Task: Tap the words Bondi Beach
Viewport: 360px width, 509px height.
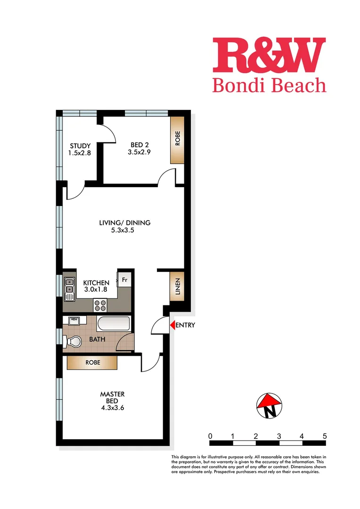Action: pyautogui.click(x=269, y=85)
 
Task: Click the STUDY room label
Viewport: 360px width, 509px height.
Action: pyautogui.click(x=80, y=145)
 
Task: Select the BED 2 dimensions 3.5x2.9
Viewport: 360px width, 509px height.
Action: pyautogui.click(x=139, y=152)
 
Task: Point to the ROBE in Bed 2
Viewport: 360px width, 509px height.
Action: pyautogui.click(x=177, y=140)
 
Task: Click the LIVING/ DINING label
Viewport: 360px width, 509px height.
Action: pyautogui.click(x=125, y=222)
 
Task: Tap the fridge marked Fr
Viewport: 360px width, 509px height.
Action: pyautogui.click(x=125, y=279)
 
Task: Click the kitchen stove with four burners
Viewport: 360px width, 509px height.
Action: pyautogui.click(x=100, y=305)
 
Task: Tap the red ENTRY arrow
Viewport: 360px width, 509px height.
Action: pyautogui.click(x=172, y=325)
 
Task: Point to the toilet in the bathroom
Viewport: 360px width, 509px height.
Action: pyautogui.click(x=73, y=341)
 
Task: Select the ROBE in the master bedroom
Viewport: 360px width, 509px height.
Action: pyautogui.click(x=92, y=363)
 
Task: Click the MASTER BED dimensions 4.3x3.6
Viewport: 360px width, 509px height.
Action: pyautogui.click(x=112, y=408)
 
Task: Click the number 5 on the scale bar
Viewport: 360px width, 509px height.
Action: pyautogui.click(x=325, y=436)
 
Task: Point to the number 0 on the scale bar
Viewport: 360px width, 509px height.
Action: pyautogui.click(x=210, y=436)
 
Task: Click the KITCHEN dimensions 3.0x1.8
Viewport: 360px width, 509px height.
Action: pyautogui.click(x=96, y=290)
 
